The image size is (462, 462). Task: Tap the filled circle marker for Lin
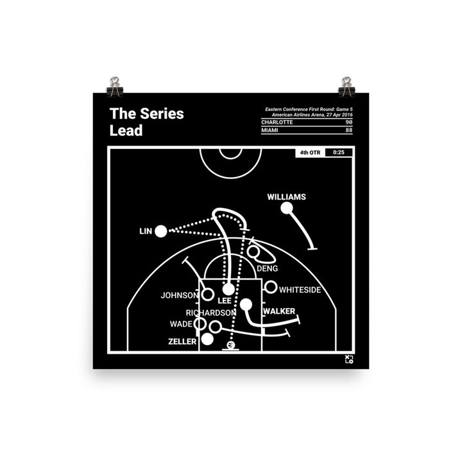[160, 231]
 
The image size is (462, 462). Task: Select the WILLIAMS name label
[286, 197]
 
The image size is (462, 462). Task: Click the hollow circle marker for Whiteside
[271, 288]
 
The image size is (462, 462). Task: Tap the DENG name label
[267, 268]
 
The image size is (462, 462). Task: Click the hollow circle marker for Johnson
[209, 295]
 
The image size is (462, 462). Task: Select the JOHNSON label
[180, 296]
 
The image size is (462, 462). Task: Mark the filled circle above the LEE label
[228, 289]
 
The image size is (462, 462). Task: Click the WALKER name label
[279, 311]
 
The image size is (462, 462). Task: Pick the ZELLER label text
[183, 342]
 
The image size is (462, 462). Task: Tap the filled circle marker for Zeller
[207, 339]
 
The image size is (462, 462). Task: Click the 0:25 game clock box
[339, 153]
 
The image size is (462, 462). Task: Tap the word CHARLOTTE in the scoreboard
[277, 122]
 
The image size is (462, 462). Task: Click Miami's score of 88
[348, 130]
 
